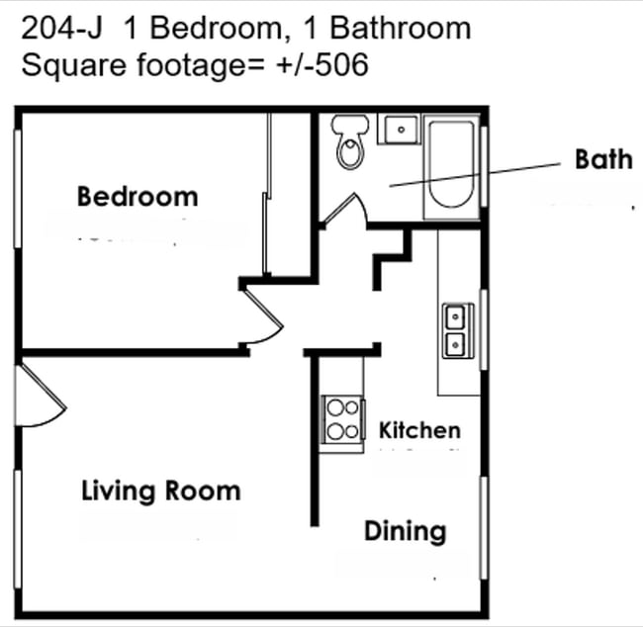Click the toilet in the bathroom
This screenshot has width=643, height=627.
pyautogui.click(x=350, y=141)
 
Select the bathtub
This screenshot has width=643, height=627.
pyautogui.click(x=451, y=166)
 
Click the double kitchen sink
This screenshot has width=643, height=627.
pyautogui.click(x=458, y=330)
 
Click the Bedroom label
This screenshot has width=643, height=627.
pyautogui.click(x=138, y=197)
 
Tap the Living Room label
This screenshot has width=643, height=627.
pyautogui.click(x=160, y=492)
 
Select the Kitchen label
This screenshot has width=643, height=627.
pyautogui.click(x=419, y=430)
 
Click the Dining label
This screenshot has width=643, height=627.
pyautogui.click(x=406, y=532)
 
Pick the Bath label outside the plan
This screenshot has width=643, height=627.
pyautogui.click(x=603, y=159)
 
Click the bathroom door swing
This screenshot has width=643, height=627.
pyautogui.click(x=344, y=210)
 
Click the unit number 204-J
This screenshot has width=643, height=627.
pyautogui.click(x=61, y=29)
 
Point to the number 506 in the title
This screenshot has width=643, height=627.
pyautogui.click(x=342, y=64)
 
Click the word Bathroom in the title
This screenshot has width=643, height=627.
pyautogui.click(x=401, y=29)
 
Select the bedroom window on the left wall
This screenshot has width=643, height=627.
pyautogui.click(x=18, y=189)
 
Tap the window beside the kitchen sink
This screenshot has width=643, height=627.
pyautogui.click(x=484, y=329)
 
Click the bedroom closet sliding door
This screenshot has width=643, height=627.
pyautogui.click(x=267, y=194)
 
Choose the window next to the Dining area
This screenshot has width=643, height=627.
pyautogui.click(x=484, y=528)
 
